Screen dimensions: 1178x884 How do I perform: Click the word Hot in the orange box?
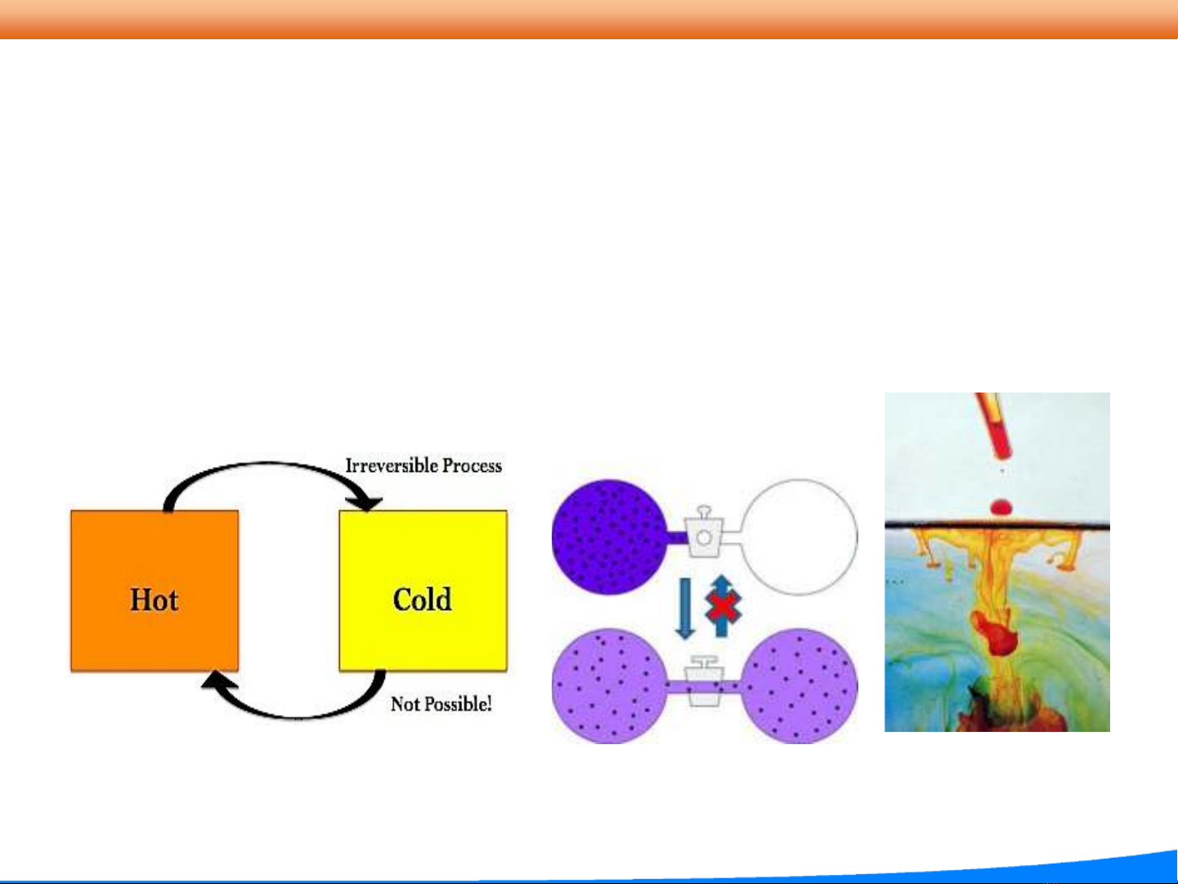point(154,599)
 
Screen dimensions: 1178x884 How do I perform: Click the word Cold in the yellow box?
point(423,599)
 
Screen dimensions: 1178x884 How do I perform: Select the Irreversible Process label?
point(423,465)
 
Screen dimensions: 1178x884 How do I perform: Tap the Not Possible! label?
point(441,703)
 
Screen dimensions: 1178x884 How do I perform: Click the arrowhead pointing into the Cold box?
point(365,504)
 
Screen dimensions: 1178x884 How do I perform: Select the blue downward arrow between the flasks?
point(685,608)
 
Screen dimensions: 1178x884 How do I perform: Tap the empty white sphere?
point(800,536)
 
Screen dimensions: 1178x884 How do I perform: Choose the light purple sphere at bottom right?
point(800,686)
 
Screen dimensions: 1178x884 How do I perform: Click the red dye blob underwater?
point(997,633)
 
